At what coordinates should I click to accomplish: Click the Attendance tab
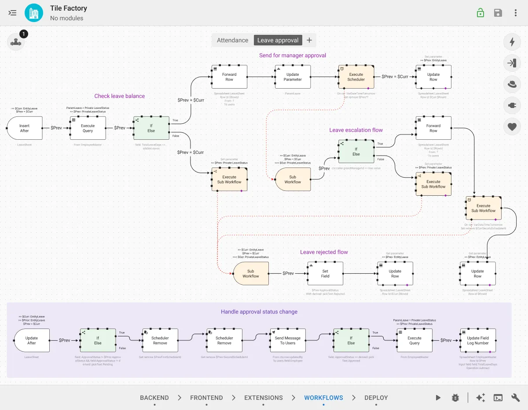click(232, 40)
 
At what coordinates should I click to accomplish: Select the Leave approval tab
click(278, 40)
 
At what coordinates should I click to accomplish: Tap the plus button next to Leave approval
click(309, 40)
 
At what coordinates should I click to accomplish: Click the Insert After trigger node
click(25, 128)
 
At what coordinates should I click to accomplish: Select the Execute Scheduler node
click(356, 77)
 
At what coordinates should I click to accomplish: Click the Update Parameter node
click(293, 77)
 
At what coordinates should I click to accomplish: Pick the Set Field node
click(325, 274)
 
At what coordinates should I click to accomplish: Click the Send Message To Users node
click(287, 340)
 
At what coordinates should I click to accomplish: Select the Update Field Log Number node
click(478, 340)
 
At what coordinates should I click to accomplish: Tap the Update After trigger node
click(32, 340)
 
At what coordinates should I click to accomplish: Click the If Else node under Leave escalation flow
click(356, 152)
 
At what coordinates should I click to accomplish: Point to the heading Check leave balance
click(119, 96)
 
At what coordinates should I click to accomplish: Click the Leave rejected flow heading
click(324, 252)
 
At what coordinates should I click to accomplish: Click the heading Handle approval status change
click(259, 312)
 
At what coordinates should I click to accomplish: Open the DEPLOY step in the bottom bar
click(376, 398)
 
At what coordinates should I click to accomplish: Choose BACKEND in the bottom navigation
click(154, 398)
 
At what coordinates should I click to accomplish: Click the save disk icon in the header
click(498, 13)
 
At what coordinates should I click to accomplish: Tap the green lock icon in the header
click(480, 13)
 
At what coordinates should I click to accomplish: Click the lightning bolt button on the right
click(512, 42)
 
